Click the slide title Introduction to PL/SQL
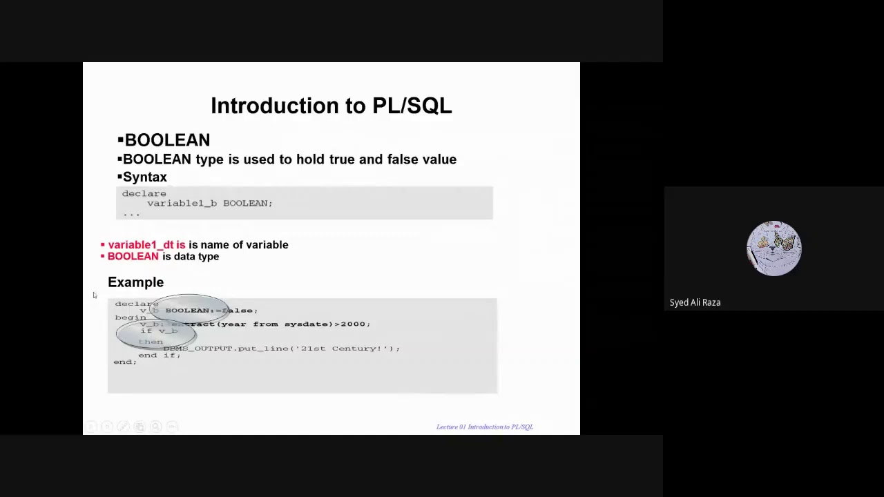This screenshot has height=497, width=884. click(x=331, y=106)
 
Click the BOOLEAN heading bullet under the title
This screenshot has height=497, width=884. click(x=166, y=140)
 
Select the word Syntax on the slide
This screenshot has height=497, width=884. click(x=144, y=177)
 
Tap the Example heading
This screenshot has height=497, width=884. click(x=135, y=282)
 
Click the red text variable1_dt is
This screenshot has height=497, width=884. click(x=146, y=245)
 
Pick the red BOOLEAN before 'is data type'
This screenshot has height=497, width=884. click(x=133, y=257)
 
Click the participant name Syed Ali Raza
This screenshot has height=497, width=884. click(x=695, y=302)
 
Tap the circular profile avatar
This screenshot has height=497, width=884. click(x=773, y=248)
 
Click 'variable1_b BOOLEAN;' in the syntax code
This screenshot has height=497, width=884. click(x=209, y=204)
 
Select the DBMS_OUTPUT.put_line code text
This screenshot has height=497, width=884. click(x=200, y=349)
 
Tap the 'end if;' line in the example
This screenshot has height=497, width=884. click(x=159, y=355)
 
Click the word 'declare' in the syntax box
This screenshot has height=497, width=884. click(x=144, y=194)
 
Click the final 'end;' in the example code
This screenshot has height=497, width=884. click(x=125, y=362)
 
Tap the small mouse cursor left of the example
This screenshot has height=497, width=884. click(x=95, y=295)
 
